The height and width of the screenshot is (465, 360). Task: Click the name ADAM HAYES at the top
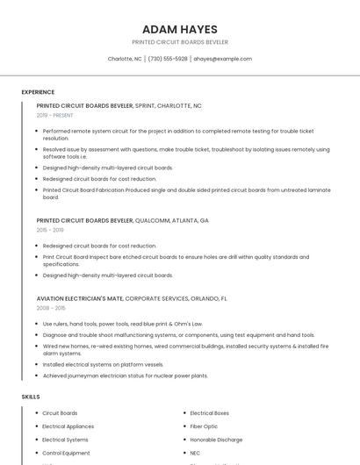pos(179,29)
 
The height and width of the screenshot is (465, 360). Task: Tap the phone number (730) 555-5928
pos(168,59)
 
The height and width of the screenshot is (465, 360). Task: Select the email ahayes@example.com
pos(222,59)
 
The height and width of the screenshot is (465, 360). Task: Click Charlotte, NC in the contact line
pos(125,59)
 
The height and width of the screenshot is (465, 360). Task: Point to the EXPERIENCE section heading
pos(38,92)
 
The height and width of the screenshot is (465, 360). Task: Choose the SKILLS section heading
pos(31,397)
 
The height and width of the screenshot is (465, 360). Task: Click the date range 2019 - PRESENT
pos(55,115)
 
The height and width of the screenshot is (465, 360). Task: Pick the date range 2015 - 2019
pos(50,230)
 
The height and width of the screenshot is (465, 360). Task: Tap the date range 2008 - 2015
pos(51,308)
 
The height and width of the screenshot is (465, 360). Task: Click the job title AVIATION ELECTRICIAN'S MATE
pos(80,298)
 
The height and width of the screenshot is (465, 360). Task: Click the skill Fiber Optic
pos(204,426)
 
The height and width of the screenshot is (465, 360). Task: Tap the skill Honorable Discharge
pos(216,440)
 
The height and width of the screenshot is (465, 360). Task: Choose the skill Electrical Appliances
pos(68,426)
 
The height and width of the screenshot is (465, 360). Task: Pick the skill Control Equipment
pos(66,453)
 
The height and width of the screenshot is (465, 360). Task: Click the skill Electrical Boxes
pos(209,413)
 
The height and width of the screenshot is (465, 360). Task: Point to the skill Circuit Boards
pos(60,413)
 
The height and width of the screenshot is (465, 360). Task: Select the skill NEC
pos(196,453)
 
